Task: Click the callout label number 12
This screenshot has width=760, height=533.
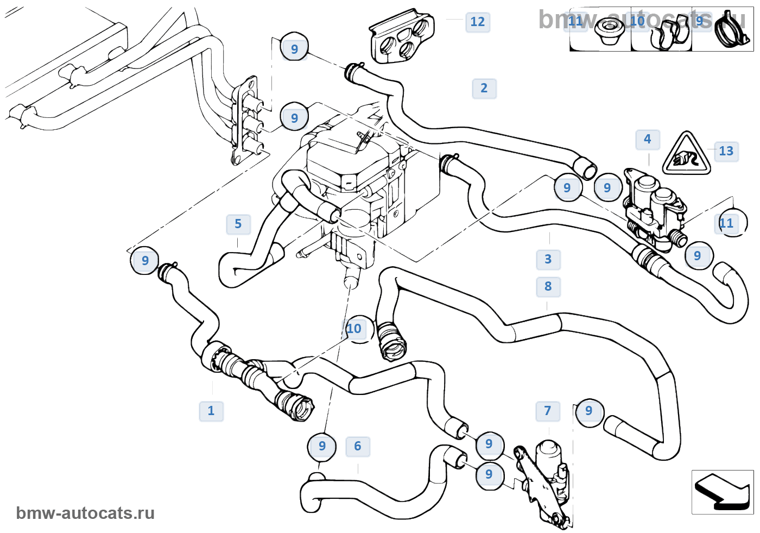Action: pos(478,22)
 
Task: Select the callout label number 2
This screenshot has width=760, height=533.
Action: pos(484,89)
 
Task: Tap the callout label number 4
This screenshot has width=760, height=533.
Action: pos(648,140)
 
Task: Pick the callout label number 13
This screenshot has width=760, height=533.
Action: pos(726,151)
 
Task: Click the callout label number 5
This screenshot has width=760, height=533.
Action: pos(238,224)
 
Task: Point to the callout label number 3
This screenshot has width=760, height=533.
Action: pos(548,260)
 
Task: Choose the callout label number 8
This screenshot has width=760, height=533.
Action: pos(548,287)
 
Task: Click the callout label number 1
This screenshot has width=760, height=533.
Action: pos(211,411)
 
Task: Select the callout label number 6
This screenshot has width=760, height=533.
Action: pos(358,447)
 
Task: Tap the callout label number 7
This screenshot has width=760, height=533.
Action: pos(548,411)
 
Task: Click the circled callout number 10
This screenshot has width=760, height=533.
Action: pos(354,329)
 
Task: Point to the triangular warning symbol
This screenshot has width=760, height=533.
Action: pos(686,154)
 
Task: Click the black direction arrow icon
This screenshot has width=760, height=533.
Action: pos(722,492)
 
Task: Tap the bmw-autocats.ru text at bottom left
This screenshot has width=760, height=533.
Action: pos(85,513)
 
